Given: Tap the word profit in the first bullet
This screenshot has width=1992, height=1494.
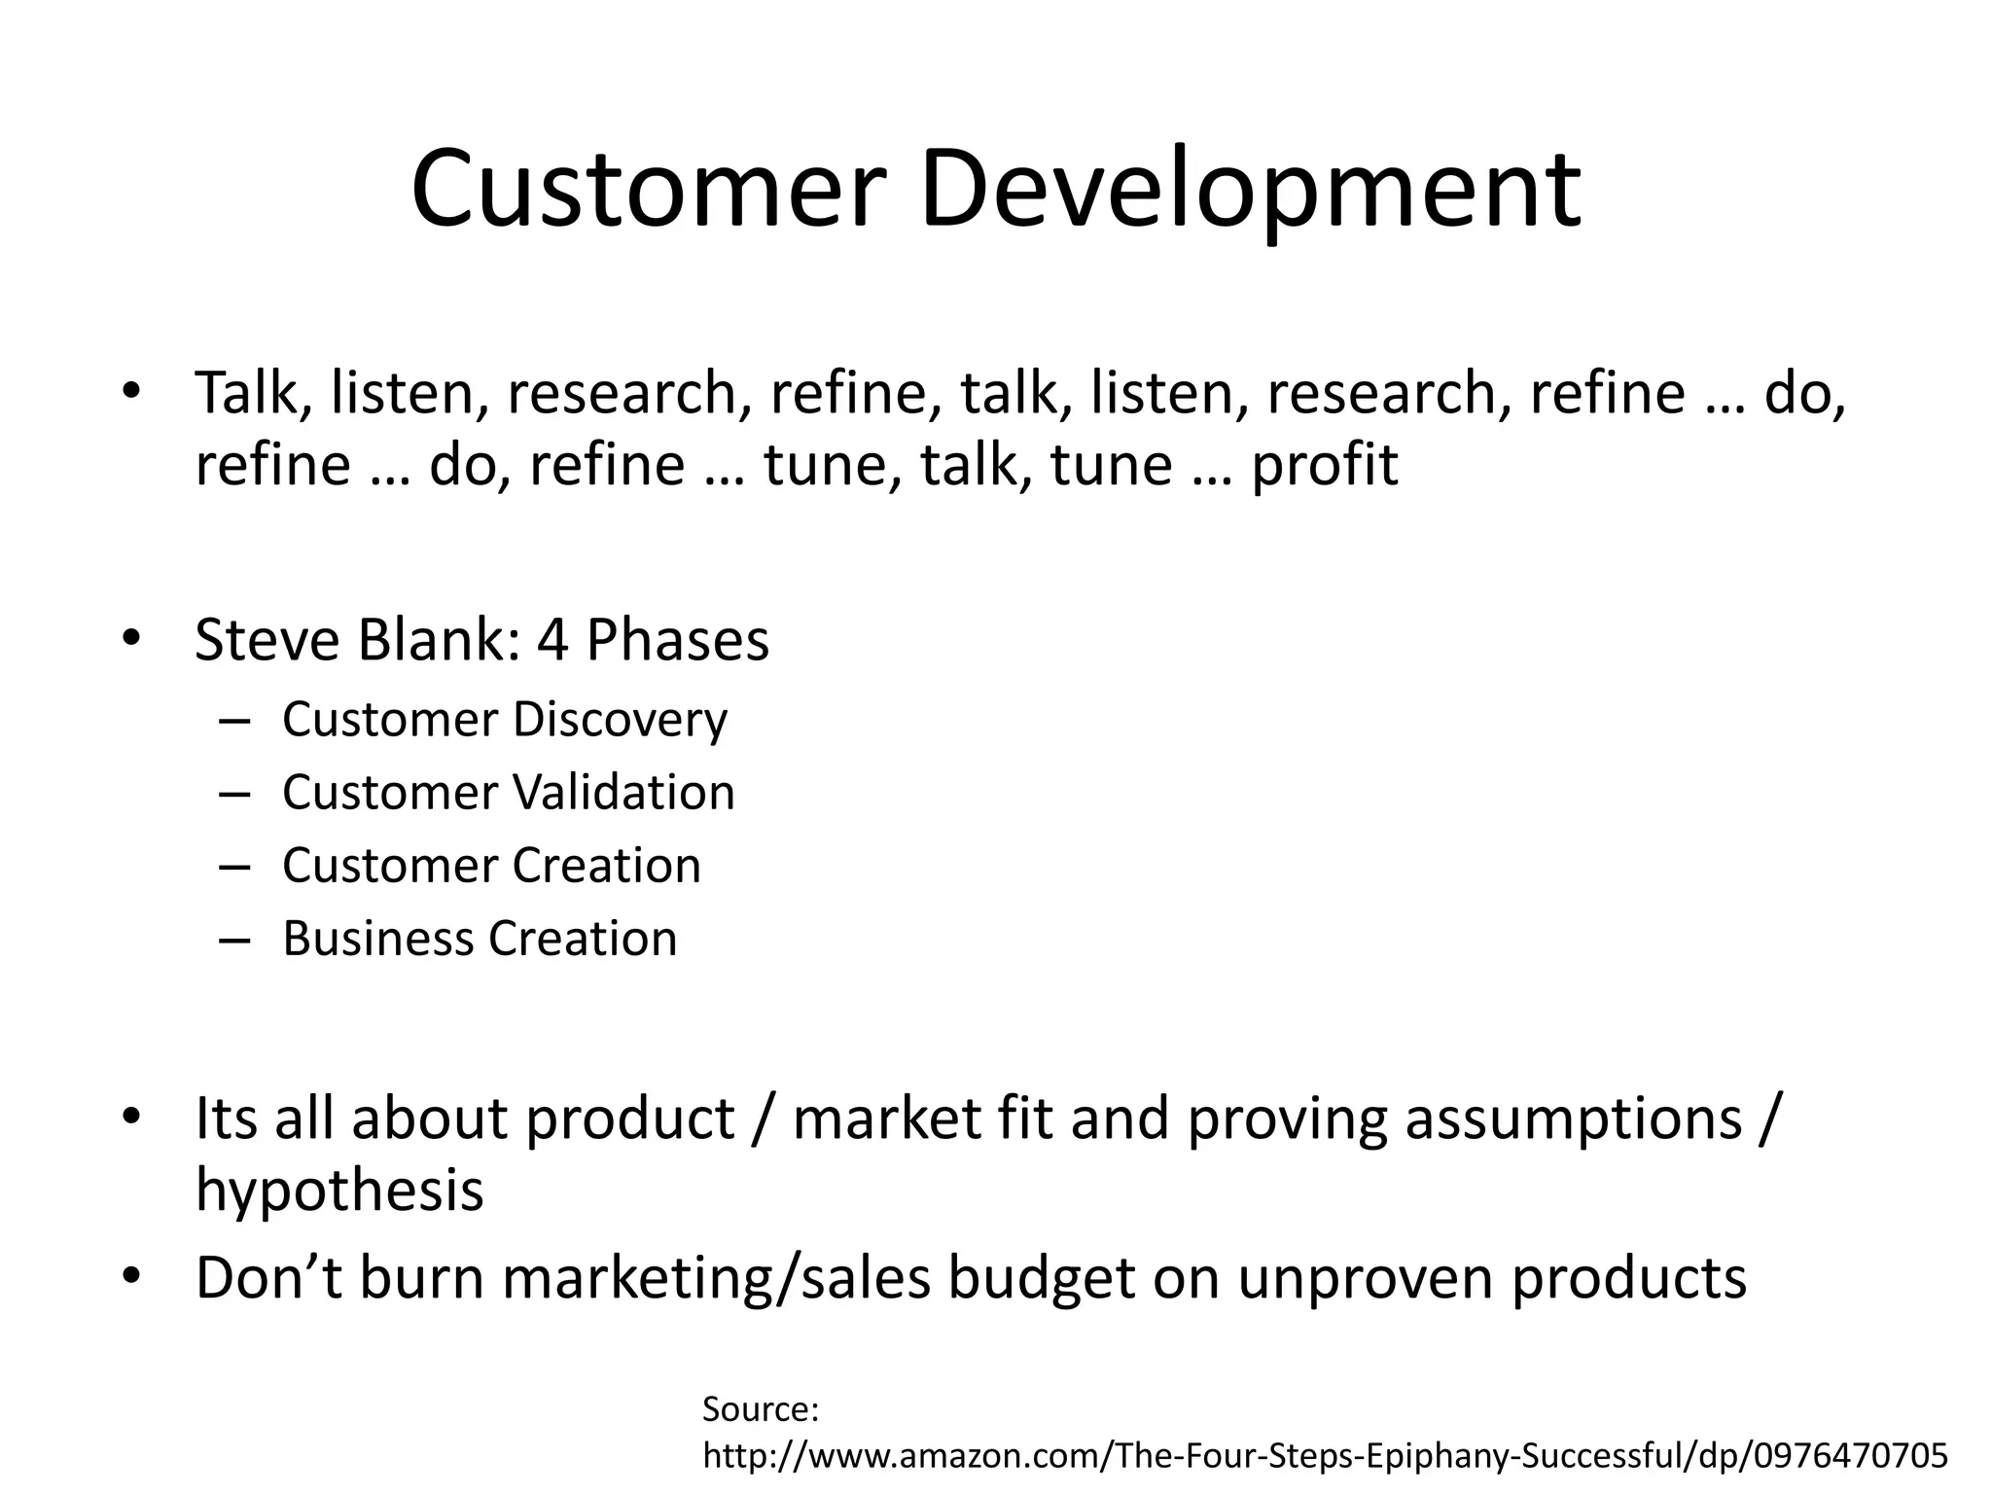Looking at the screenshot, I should pos(1324,465).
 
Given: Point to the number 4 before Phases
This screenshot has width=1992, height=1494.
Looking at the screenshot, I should pos(551,640).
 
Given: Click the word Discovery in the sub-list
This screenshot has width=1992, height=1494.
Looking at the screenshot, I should pos(620,721).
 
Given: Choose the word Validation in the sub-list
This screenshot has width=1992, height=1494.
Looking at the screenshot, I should pos(623,793).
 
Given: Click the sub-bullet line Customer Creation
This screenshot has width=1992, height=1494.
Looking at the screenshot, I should pos(491,866).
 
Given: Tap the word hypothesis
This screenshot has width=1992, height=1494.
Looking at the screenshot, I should pos(339,1191).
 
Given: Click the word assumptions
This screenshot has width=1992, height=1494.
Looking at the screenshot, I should pos(1573,1119).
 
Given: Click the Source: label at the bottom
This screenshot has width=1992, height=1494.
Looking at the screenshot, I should pos(761,1409).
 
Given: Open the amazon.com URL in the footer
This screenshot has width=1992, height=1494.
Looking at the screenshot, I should pos(1325,1456).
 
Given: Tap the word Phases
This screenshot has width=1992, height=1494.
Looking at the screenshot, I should pos(677,640).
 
